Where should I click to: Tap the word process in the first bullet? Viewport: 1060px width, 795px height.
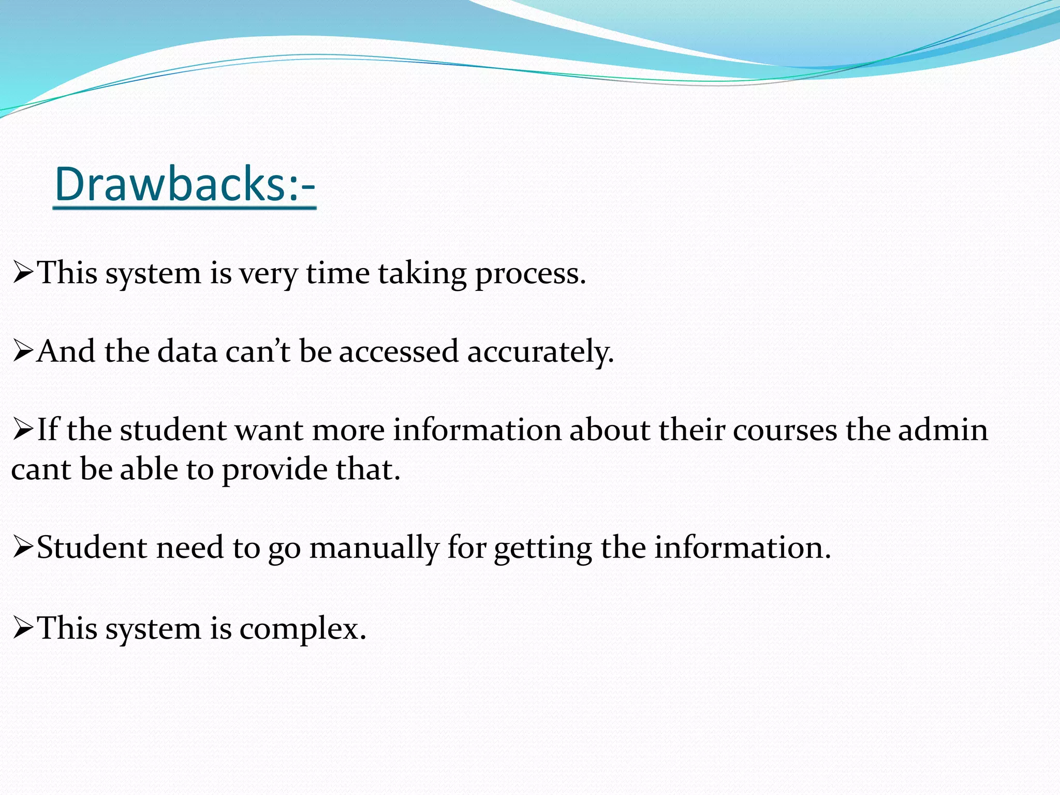tap(530, 274)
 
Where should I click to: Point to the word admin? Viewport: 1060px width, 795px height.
tap(943, 431)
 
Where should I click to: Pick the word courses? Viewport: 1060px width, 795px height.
tap(785, 431)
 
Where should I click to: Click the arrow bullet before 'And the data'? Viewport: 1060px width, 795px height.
tap(23, 352)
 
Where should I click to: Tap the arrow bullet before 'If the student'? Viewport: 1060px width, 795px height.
tap(23, 431)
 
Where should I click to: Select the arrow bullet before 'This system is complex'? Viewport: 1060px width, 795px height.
tap(23, 629)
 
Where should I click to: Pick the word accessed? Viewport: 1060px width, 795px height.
tap(399, 352)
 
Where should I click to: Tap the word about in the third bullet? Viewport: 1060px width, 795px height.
tap(609, 431)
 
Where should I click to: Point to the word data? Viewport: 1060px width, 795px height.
tap(187, 352)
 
